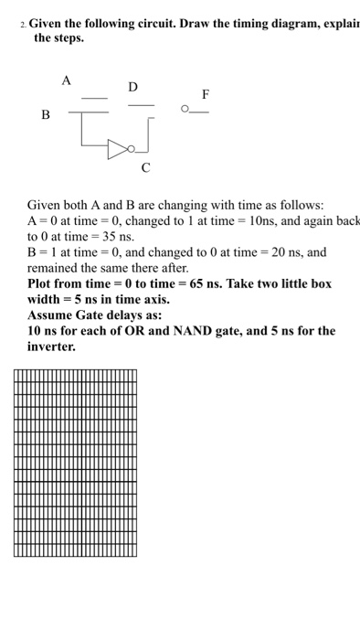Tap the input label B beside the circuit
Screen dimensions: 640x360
pos(45,114)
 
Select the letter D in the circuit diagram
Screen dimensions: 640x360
pos(133,87)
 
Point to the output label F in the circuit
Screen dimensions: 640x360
pos(205,94)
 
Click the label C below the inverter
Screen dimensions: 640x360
pos(146,168)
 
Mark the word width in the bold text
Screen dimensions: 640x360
pos(45,300)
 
